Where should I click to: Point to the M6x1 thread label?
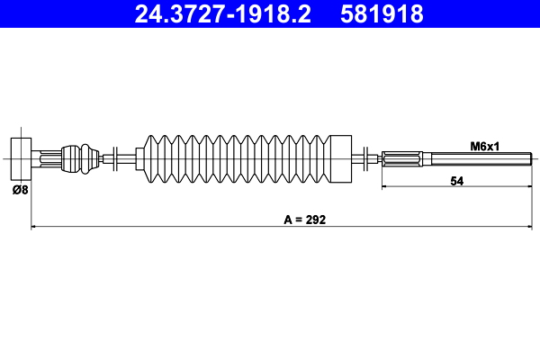(x=486, y=145)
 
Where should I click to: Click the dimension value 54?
(x=456, y=180)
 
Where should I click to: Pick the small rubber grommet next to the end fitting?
(x=83, y=158)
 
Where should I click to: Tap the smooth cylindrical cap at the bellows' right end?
(x=339, y=158)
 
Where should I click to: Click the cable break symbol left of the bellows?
(x=116, y=158)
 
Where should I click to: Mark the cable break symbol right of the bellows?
(x=364, y=158)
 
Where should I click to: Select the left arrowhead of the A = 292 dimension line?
(x=35, y=228)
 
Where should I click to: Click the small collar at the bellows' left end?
(x=139, y=158)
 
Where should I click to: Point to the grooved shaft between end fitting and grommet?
(x=51, y=158)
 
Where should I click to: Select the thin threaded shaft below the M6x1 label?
(x=477, y=159)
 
